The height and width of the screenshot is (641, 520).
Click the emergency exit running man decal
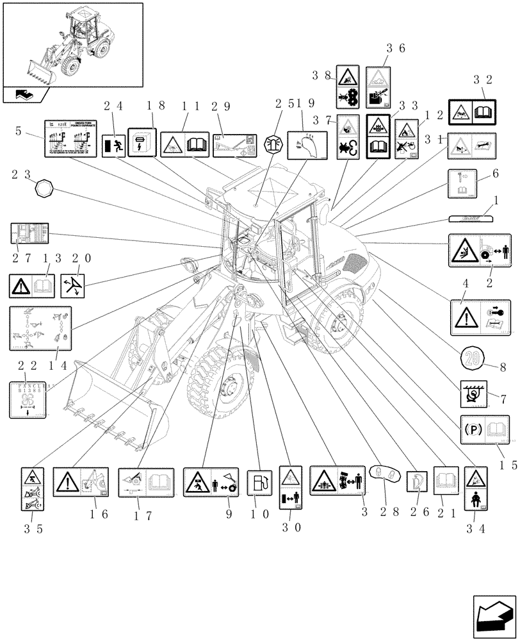pyautogui.click(x=112, y=145)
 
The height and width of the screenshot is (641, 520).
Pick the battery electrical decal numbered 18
pyautogui.click(x=141, y=141)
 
